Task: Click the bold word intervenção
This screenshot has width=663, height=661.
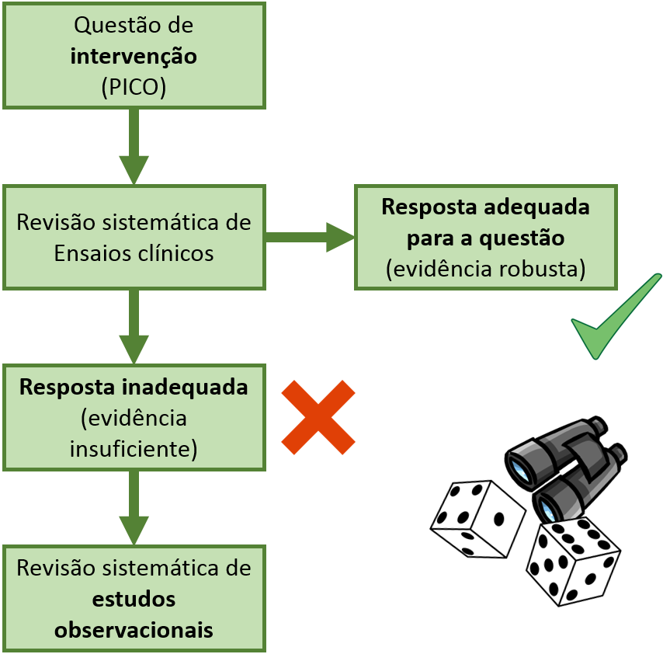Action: [134, 57]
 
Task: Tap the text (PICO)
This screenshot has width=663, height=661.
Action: [134, 87]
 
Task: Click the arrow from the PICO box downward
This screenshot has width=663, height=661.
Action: [134, 147]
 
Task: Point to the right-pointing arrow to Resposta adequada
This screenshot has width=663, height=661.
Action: [310, 238]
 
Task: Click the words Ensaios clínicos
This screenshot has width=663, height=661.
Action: [134, 253]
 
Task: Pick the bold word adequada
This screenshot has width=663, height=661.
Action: [536, 207]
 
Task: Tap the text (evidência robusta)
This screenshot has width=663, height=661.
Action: [486, 269]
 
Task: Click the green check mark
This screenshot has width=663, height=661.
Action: [616, 316]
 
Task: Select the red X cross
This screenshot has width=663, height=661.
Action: [318, 417]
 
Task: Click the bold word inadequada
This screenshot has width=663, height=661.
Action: [185, 388]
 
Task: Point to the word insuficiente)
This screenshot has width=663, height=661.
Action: [134, 449]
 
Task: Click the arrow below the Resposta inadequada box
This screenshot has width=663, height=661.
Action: [134, 508]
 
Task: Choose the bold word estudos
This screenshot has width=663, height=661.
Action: [134, 599]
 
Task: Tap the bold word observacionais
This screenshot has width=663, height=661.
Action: [134, 630]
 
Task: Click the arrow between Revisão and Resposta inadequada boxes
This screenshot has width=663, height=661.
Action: [134, 327]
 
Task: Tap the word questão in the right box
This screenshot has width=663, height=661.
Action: [522, 238]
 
